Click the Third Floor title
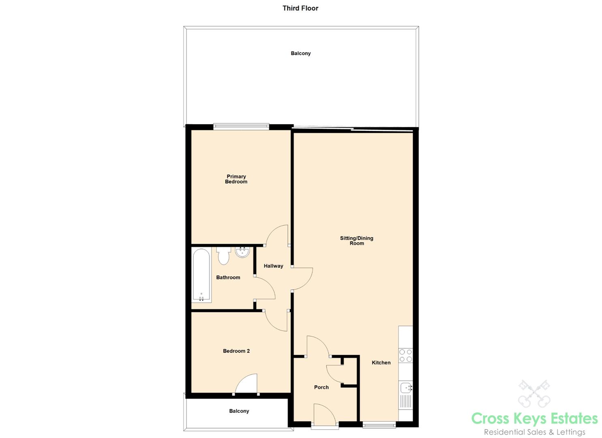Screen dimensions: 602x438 coord(300,9)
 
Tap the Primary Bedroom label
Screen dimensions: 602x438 coord(236,179)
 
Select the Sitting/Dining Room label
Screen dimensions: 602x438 coord(357,240)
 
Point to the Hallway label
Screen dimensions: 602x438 coord(273,266)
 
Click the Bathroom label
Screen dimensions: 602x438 coord(228,277)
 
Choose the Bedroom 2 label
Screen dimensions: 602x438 coord(236,351)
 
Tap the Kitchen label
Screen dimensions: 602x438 coord(381,363)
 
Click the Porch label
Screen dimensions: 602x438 coord(321,387)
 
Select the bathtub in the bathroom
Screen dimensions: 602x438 coord(201,276)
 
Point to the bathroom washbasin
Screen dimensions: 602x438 coord(242,252)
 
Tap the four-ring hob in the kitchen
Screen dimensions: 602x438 coord(405,355)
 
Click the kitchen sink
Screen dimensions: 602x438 coord(406,388)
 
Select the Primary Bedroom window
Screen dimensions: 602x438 coord(241,127)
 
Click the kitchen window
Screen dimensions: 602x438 coord(379,425)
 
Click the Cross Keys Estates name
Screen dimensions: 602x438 coord(534,419)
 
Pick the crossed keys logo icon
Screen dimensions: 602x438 coord(534,393)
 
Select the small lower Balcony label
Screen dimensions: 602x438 coord(239,411)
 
